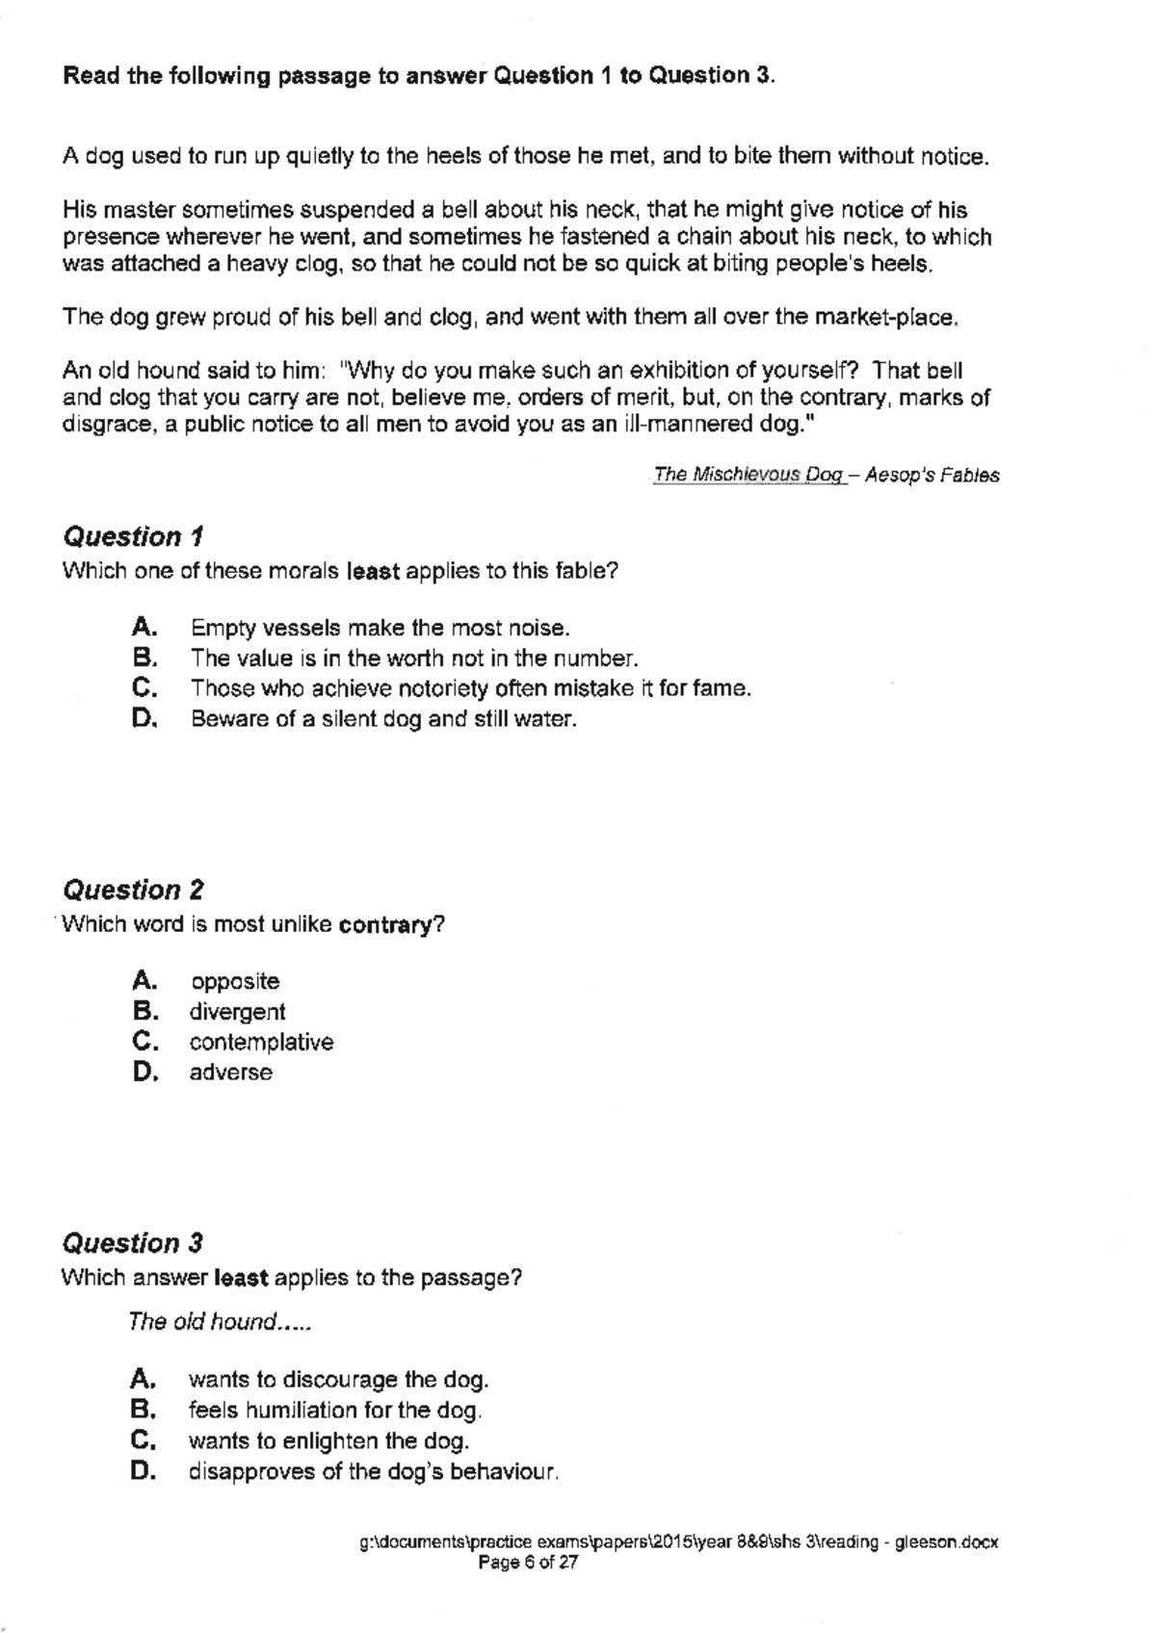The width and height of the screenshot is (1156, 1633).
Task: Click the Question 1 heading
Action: tap(133, 536)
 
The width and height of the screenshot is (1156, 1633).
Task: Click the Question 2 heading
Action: tap(133, 890)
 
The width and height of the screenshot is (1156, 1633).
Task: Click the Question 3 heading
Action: tap(133, 1243)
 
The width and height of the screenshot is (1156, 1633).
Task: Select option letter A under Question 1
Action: tap(144, 628)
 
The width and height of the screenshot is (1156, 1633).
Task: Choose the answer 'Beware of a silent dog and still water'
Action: tap(383, 719)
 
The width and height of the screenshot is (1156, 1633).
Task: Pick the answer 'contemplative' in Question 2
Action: tap(261, 1043)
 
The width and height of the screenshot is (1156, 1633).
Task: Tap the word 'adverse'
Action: tap(230, 1073)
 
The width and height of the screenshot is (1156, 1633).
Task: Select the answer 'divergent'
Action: tap(237, 1012)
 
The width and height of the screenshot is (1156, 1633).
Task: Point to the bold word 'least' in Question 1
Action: tap(372, 571)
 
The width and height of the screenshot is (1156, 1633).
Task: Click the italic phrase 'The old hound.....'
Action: tap(219, 1322)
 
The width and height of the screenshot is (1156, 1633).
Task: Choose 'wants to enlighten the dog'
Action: tap(328, 1441)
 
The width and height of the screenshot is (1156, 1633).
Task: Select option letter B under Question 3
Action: tap(144, 1411)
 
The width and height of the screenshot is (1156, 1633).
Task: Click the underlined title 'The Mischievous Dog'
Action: tap(748, 475)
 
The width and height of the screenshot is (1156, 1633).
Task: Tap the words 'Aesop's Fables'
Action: tap(932, 475)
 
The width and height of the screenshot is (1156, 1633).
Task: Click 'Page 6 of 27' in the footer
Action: tap(528, 1564)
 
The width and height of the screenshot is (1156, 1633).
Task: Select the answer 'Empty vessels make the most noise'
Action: tap(380, 629)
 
